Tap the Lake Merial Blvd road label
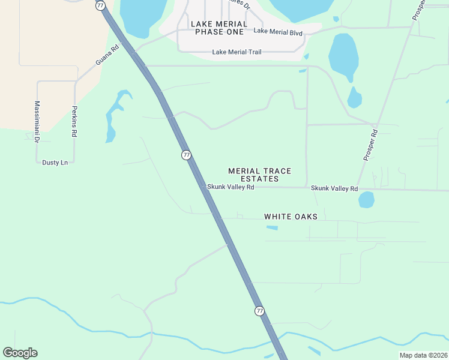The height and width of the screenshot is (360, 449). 278,32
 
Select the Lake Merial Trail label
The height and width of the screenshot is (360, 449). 237,52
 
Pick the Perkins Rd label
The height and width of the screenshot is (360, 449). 74,122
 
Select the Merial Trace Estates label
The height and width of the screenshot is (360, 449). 259,175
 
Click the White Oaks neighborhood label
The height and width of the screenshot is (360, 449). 291,216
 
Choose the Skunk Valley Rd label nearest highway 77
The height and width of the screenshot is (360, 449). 231,187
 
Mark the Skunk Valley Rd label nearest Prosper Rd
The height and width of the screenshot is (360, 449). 334,188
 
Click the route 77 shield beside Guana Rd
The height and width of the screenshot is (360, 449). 100,5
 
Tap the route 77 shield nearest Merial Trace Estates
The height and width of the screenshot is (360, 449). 187,155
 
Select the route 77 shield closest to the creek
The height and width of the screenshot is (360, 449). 259,311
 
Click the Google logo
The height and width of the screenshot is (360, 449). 20,353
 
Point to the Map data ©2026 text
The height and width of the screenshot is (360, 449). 423,355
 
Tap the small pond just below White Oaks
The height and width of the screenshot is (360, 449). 272,228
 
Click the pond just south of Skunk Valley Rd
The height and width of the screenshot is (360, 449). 366,199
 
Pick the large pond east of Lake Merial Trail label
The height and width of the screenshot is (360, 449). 343,55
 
